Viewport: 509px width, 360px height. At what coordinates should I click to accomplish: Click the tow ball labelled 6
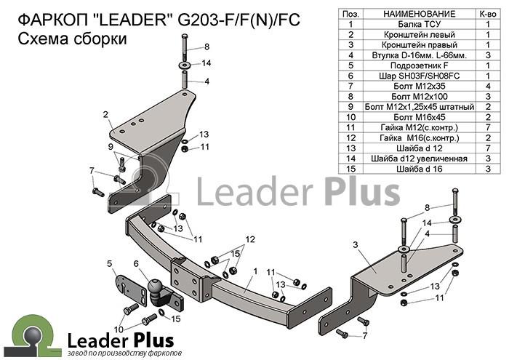tap(155, 286)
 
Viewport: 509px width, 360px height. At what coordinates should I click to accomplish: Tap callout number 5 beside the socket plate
tap(110, 263)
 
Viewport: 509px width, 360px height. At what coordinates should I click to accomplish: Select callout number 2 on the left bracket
tap(105, 114)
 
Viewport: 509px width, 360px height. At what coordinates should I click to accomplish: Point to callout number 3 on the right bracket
tap(356, 245)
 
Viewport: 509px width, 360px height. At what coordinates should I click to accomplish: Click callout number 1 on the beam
tap(255, 271)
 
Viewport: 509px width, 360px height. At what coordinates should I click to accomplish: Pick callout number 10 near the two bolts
tap(119, 329)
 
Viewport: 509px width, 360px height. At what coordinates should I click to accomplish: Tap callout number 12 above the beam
tap(250, 239)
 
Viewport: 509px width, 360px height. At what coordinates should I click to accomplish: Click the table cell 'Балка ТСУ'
tap(419, 24)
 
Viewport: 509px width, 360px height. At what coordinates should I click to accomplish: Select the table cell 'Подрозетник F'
tap(419, 65)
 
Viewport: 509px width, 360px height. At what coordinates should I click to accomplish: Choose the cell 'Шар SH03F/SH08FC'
tap(419, 76)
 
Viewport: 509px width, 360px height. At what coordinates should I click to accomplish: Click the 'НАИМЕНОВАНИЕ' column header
tap(419, 14)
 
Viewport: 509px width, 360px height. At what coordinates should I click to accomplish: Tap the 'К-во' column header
tap(488, 14)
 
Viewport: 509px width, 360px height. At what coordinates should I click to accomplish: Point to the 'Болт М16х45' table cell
tap(419, 117)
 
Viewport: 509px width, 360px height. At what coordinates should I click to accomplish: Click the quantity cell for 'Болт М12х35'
tap(488, 87)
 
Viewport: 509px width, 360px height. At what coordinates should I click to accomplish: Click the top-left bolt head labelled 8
tap(185, 36)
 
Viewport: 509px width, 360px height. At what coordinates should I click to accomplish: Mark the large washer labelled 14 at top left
tap(185, 64)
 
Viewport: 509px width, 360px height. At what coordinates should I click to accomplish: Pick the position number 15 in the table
tap(351, 169)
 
